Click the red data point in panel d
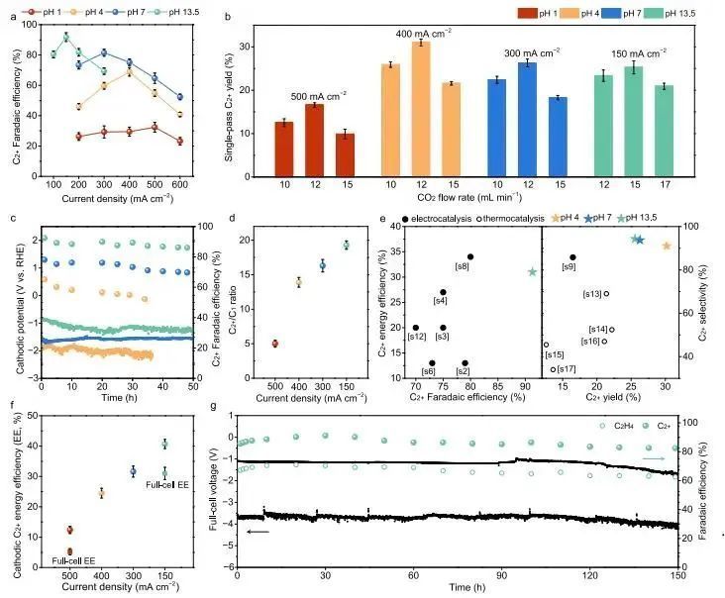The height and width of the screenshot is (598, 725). pyautogui.click(x=274, y=344)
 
